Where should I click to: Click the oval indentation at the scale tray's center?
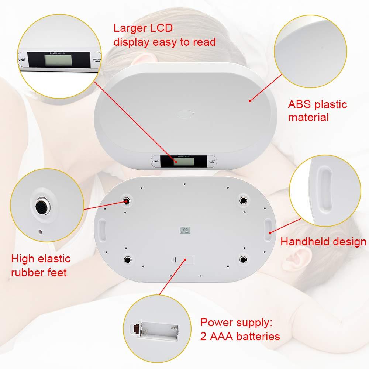[x=185, y=114]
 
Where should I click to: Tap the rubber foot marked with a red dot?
[x=127, y=200]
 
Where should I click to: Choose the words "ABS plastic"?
[x=317, y=104]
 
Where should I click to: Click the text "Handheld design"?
[x=323, y=242]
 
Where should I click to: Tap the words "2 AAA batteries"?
[x=240, y=337]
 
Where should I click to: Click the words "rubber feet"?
[x=39, y=272]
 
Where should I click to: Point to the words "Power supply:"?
[x=236, y=323]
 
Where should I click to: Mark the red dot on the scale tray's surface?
[x=250, y=100]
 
